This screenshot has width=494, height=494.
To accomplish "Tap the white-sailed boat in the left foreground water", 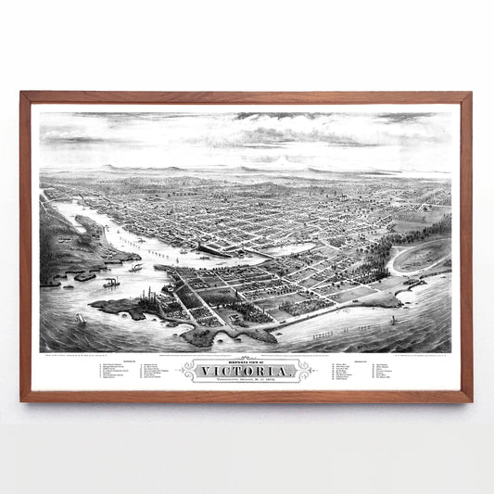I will click(81, 318).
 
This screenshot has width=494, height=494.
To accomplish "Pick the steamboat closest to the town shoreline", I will click(135, 268).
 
